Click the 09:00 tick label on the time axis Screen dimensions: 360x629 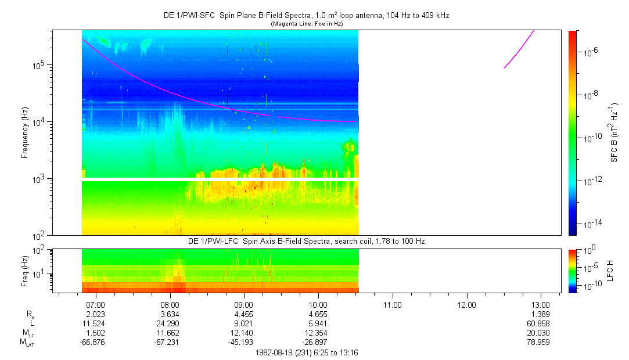coord(243,304)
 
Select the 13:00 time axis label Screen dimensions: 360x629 coord(541,304)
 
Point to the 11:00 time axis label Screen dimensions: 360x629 coord(392,304)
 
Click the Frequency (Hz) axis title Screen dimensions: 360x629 coord(25,132)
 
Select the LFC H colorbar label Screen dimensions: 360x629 coord(609,270)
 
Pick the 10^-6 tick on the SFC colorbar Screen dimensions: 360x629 coord(591,52)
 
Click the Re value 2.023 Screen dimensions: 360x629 coord(95,314)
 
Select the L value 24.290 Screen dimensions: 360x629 coord(169,323)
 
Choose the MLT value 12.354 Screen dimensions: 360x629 coord(318,332)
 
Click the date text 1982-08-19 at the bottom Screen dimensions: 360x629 coord(278,352)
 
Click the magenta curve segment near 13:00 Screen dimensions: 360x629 coord(519,52)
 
